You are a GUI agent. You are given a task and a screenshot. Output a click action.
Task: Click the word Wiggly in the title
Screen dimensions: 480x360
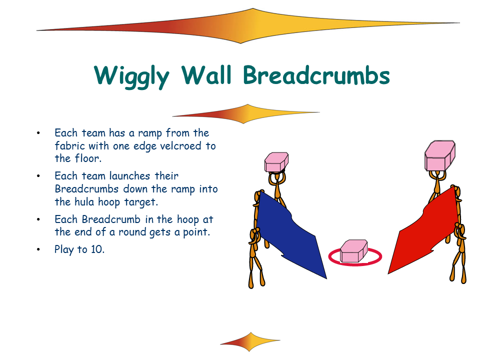pyautogui.click(x=131, y=76)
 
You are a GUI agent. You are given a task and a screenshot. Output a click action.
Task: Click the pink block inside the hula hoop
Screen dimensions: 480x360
pyautogui.click(x=354, y=251)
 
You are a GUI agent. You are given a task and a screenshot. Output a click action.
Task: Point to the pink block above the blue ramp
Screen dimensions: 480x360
pyautogui.click(x=276, y=162)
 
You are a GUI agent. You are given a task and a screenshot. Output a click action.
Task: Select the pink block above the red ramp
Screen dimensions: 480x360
pyautogui.click(x=440, y=155)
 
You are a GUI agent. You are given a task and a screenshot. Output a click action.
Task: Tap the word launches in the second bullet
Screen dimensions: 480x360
pyautogui.click(x=130, y=176)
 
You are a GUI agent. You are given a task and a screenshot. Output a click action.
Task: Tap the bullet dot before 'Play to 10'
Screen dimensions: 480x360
pyautogui.click(x=38, y=249)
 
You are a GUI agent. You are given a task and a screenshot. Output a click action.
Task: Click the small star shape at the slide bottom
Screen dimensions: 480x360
pyautogui.click(x=250, y=341)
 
